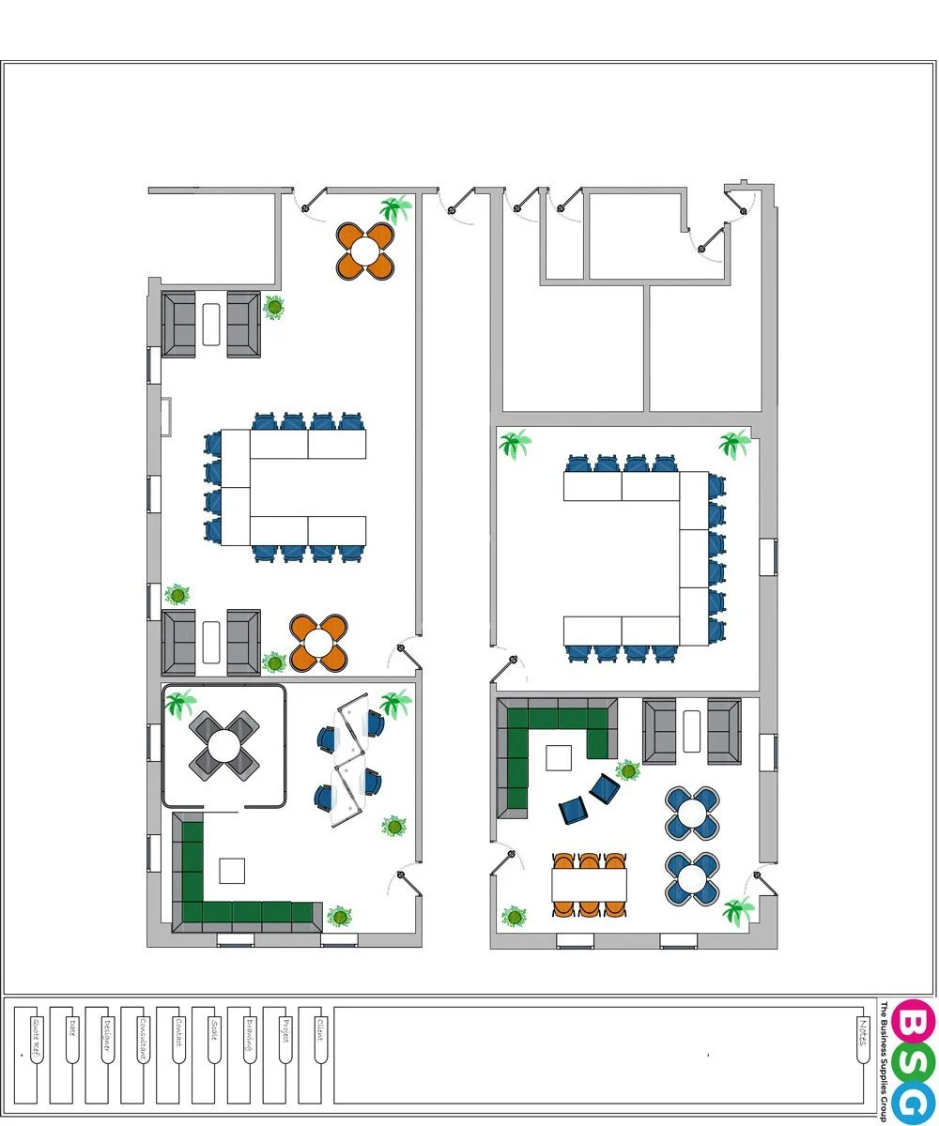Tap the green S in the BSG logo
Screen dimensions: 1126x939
[914, 1060]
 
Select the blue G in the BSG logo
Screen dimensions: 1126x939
[914, 1101]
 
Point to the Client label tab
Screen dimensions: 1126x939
[320, 1036]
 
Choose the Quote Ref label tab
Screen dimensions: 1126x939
[36, 1036]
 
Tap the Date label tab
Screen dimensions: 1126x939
[71, 1032]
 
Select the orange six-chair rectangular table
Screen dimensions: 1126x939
[589, 883]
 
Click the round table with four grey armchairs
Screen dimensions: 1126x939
[224, 746]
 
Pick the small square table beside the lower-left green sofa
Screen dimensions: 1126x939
[232, 871]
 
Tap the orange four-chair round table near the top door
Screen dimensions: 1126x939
[365, 251]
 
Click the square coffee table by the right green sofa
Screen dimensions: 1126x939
[559, 757]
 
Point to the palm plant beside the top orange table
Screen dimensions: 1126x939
[395, 209]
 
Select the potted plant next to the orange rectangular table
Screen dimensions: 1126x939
[514, 916]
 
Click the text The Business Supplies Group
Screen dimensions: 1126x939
[884, 1061]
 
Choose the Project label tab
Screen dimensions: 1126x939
[285, 1036]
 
